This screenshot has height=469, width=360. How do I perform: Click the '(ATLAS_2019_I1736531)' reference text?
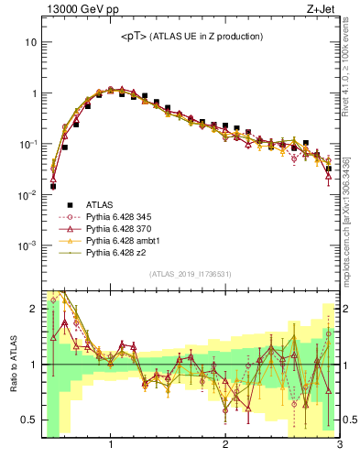tap(191, 274)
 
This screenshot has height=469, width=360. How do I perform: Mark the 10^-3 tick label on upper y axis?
tap(27, 245)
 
